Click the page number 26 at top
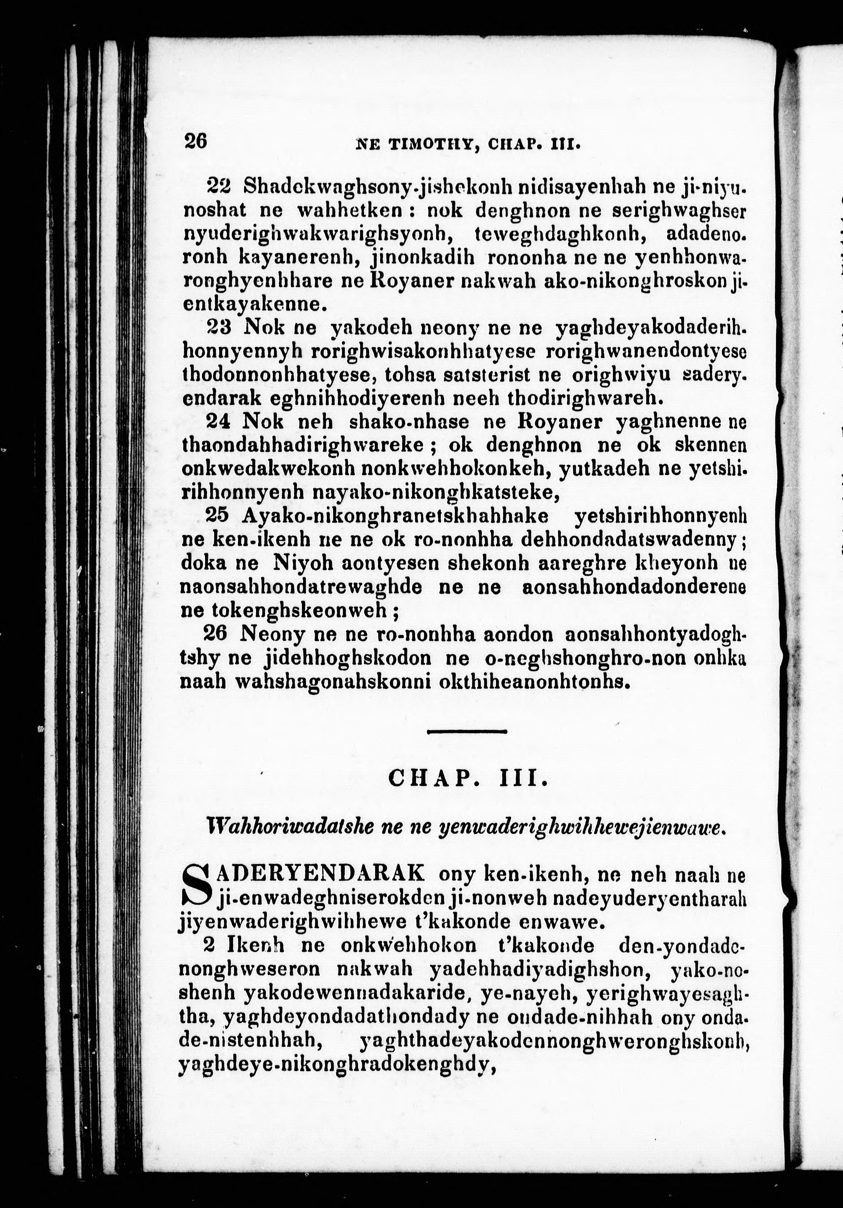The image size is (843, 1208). coord(195,141)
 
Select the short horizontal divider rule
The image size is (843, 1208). coord(466,731)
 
